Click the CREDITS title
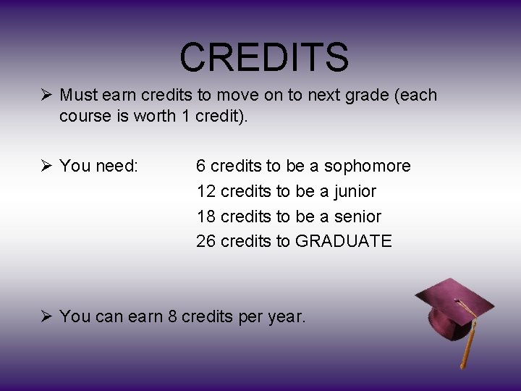point(264,57)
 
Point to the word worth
point(154,117)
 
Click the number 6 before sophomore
point(201,167)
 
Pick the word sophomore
point(367,167)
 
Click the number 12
point(206,192)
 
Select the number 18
point(206,216)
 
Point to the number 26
point(206,241)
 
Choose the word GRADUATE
point(344,241)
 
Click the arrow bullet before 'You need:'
point(46,167)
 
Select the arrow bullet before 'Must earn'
point(46,96)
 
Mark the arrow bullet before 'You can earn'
point(46,316)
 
